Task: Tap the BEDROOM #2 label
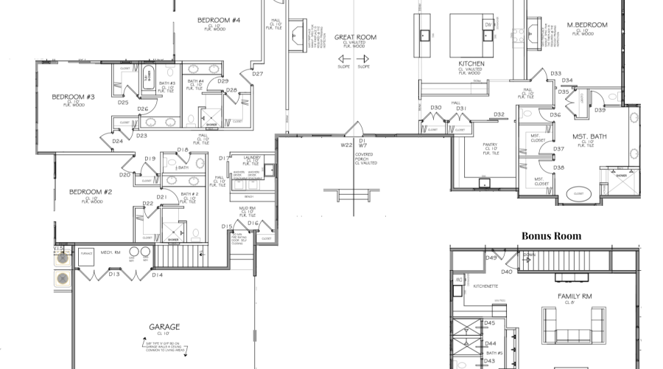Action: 90,192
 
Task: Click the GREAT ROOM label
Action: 355,36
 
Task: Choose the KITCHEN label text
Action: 471,64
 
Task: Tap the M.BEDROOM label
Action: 587,25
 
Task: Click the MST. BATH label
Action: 590,137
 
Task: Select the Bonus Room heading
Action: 552,236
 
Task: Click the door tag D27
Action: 258,74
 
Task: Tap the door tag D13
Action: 114,275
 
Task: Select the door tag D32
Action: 499,114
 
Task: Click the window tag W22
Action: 346,145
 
